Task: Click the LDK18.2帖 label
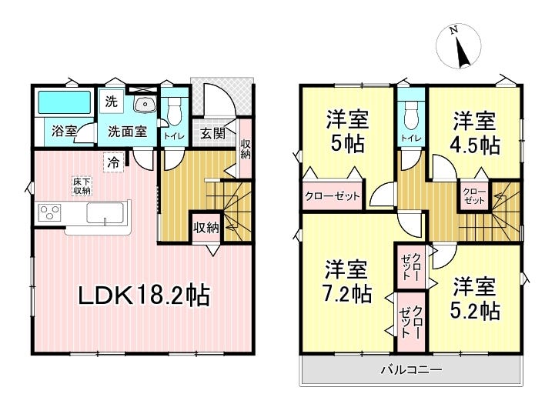tap(144, 295)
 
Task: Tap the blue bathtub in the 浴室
tap(64, 102)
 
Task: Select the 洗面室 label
tap(128, 132)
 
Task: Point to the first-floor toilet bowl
tap(173, 111)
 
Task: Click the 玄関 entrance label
tap(212, 132)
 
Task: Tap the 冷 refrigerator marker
tap(114, 162)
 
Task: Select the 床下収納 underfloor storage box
tap(82, 186)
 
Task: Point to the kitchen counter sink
tap(105, 213)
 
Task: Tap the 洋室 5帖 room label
tap(347, 132)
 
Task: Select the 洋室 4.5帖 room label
tap(474, 132)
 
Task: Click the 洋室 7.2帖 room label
tap(347, 281)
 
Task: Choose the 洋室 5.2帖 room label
tap(475, 299)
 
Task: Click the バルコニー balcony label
tap(411, 370)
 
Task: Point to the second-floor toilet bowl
tap(411, 114)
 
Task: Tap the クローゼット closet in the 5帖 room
tap(333, 195)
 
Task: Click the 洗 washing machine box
tap(111, 102)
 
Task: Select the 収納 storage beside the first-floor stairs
tap(206, 229)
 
